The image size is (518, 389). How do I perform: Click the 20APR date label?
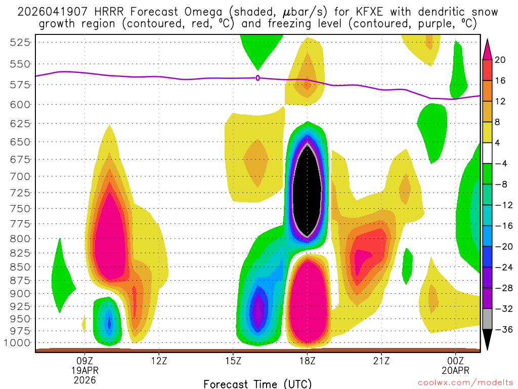456,370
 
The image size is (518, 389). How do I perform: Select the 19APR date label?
85,370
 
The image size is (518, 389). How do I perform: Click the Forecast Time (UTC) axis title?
257,383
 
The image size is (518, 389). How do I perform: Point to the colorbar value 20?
500,60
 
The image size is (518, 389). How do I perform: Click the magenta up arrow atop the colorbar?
487,49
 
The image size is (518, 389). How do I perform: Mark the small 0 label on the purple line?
258,78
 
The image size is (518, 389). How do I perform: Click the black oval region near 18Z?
308,190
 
